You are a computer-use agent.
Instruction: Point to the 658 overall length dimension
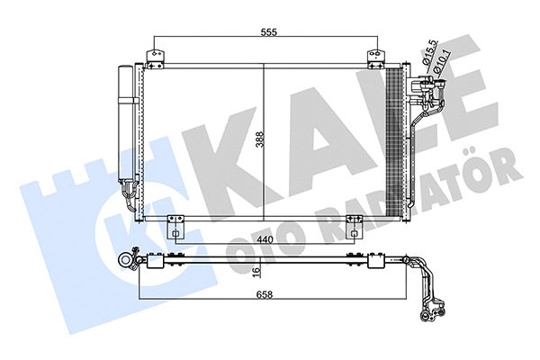tap(263, 294)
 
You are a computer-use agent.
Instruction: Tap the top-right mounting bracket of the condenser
tap(373, 58)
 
